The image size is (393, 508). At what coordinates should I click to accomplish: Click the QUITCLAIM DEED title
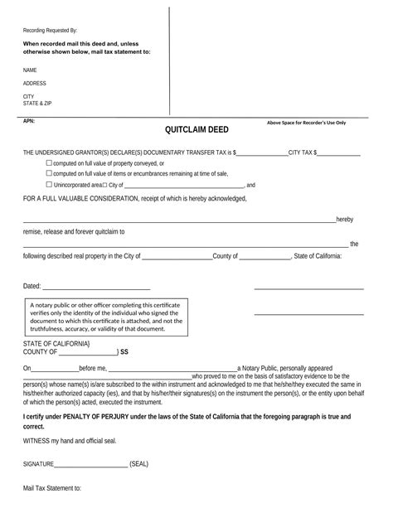pyautogui.click(x=196, y=130)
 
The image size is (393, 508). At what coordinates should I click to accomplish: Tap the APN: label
pyautogui.click(x=29, y=120)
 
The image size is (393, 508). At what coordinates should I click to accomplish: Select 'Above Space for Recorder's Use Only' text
pyautogui.click(x=306, y=123)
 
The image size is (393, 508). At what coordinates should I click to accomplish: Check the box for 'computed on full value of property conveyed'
pyautogui.click(x=48, y=163)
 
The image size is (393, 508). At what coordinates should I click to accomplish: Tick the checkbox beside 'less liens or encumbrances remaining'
pyautogui.click(x=48, y=174)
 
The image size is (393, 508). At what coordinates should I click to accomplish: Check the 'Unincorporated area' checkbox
pyautogui.click(x=48, y=186)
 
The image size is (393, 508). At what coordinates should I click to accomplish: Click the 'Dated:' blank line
pyautogui.click(x=96, y=287)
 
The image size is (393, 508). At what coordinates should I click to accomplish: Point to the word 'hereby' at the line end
pyautogui.click(x=344, y=219)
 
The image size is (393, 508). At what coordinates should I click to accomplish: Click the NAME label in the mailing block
pyautogui.click(x=30, y=70)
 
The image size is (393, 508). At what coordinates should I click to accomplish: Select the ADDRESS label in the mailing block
pyautogui.click(x=34, y=84)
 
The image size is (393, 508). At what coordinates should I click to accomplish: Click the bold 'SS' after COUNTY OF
pyautogui.click(x=124, y=352)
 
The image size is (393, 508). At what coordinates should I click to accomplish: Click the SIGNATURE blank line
pyautogui.click(x=91, y=464)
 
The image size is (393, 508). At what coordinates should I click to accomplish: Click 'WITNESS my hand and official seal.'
pyautogui.click(x=75, y=441)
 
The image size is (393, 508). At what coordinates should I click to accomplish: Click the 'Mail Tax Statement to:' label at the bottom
pyautogui.click(x=51, y=490)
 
